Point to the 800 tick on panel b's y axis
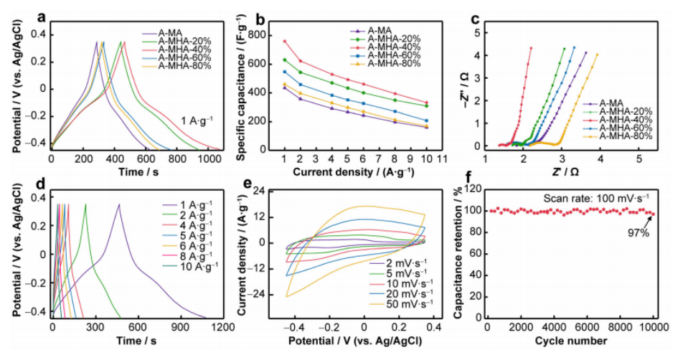point(273,34)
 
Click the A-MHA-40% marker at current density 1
point(285,41)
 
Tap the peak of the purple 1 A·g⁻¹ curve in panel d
point(119,204)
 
